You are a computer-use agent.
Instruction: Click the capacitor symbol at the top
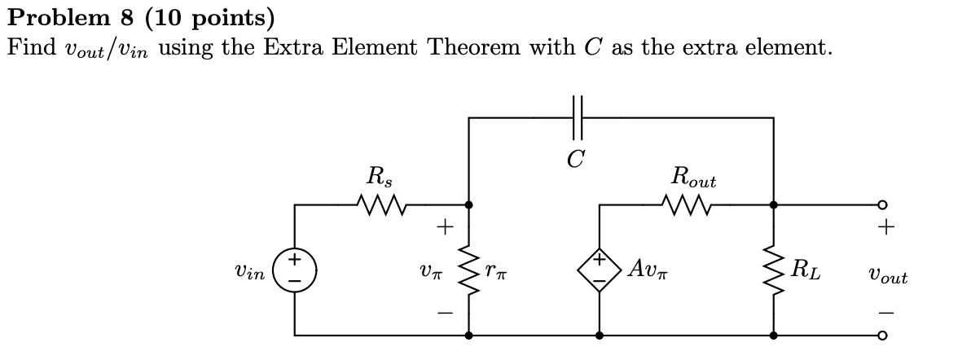point(578,117)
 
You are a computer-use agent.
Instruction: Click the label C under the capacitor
point(576,158)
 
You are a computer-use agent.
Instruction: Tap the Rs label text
point(378,175)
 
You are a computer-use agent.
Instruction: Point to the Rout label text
point(693,175)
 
